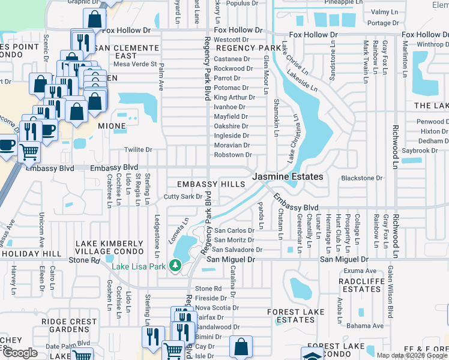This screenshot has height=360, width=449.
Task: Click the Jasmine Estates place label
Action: [x=288, y=177]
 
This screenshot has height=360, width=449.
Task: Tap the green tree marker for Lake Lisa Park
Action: [x=175, y=264]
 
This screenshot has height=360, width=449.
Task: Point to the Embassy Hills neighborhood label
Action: [x=206, y=183]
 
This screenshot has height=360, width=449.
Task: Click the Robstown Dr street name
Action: [x=233, y=155]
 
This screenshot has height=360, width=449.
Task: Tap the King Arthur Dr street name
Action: [x=235, y=97]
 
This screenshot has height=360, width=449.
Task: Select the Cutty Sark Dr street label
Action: [x=184, y=197]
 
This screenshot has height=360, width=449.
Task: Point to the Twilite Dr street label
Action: [x=138, y=149]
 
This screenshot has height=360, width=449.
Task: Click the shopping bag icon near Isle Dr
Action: [x=241, y=346]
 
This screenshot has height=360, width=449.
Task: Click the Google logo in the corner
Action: [x=20, y=353]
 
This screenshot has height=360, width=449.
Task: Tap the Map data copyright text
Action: [x=411, y=355]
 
